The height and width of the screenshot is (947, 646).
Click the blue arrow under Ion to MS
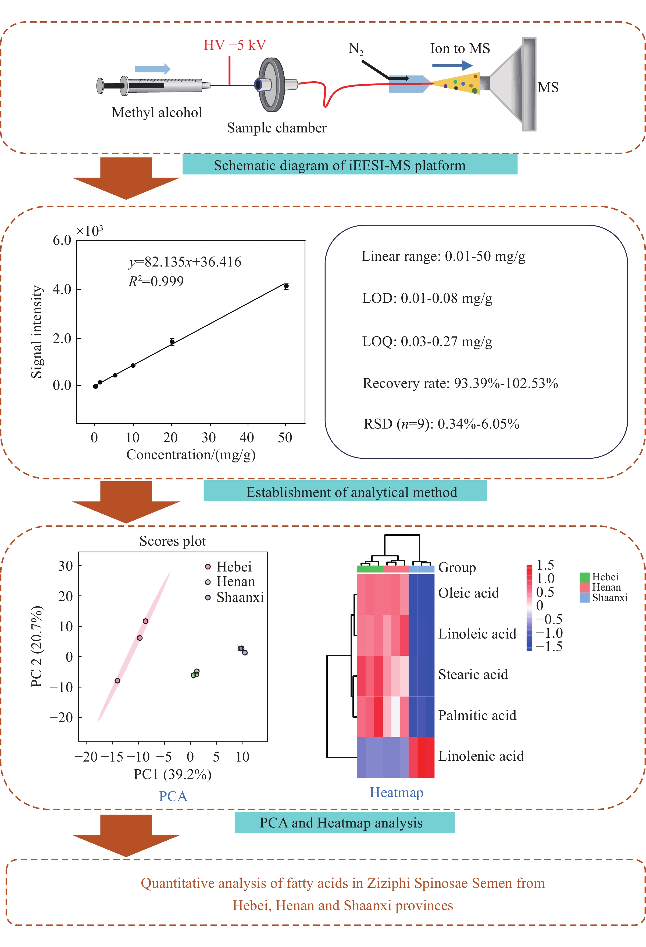click(x=452, y=65)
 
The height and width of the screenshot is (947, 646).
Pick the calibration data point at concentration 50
click(x=286, y=286)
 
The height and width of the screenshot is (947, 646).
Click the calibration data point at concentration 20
click(x=172, y=342)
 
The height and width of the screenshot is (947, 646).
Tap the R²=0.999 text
click(x=156, y=281)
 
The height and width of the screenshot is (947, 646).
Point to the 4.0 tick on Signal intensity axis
click(x=62, y=289)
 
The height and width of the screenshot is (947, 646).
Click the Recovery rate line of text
click(x=460, y=383)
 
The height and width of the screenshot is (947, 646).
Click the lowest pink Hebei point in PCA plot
click(x=117, y=681)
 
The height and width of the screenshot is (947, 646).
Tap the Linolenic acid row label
click(x=481, y=756)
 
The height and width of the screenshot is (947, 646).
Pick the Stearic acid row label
click(x=473, y=674)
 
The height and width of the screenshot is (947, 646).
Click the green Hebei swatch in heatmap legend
click(x=584, y=577)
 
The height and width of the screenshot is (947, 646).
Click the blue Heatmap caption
click(x=396, y=792)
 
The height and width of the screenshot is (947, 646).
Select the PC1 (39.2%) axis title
click(x=173, y=774)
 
